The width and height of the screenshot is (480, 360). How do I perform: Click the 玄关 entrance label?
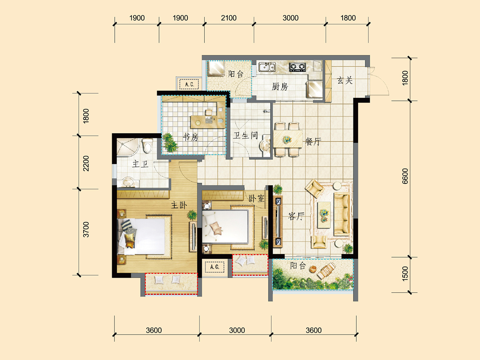345,80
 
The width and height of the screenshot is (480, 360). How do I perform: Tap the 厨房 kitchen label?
280,87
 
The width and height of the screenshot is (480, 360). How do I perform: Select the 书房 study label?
190,137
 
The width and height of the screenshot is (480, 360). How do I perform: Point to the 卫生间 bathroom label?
245,135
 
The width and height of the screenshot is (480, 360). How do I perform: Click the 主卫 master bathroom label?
140,164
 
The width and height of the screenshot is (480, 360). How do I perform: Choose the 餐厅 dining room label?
313,142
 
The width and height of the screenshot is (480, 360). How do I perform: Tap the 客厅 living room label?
296,216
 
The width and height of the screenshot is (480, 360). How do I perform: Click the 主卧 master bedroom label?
179,205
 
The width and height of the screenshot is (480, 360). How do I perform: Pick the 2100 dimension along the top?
229,18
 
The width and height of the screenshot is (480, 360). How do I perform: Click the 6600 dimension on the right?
405,176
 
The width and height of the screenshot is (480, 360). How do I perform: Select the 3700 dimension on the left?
86,229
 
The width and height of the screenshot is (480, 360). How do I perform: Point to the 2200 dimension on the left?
86,163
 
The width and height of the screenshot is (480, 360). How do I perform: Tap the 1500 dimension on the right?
405,274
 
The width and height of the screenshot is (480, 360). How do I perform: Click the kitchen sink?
267,67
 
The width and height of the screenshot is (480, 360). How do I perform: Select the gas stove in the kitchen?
297,67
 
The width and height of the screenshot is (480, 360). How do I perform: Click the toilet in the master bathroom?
147,146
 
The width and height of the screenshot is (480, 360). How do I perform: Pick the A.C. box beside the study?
189,84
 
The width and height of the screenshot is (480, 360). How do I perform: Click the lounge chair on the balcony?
326,271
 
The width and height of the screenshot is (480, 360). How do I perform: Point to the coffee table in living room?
324,215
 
